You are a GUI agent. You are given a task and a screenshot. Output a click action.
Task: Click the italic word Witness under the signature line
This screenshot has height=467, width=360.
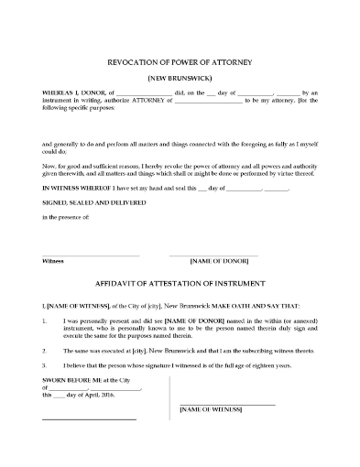point(53,260)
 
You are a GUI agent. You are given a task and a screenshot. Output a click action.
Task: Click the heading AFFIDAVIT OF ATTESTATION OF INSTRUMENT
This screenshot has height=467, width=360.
point(180,284)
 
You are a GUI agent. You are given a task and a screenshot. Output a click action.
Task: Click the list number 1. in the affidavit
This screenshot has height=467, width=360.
point(45,323)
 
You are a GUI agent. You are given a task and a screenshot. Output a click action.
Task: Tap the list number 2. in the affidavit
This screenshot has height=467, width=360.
point(45,349)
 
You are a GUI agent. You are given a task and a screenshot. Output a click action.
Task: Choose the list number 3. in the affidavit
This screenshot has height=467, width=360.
point(45,364)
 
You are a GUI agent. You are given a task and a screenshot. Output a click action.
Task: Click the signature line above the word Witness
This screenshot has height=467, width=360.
point(91,254)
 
